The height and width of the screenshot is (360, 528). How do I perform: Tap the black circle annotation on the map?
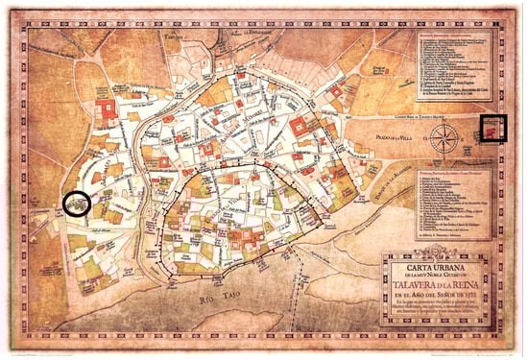(x=77, y=204)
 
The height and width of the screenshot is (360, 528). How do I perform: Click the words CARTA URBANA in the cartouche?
(x=439, y=261)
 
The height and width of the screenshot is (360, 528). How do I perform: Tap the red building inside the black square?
(x=492, y=126)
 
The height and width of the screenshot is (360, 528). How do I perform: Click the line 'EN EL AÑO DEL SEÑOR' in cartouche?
(x=440, y=297)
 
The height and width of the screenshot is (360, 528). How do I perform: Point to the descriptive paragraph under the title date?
(x=440, y=312)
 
